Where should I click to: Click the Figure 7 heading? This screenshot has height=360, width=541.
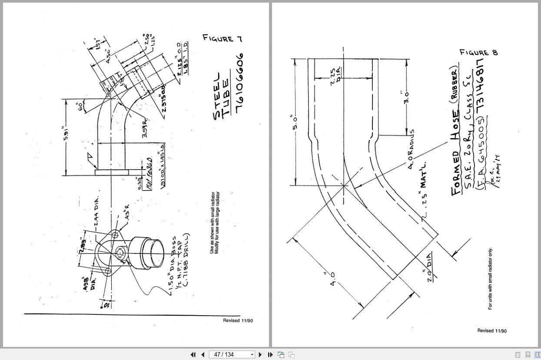click(222, 39)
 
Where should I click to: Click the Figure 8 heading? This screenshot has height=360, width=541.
click(478, 53)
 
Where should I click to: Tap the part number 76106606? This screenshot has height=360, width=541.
click(239, 83)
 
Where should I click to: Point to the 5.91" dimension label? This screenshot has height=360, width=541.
click(66, 133)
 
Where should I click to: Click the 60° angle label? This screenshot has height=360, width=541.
click(80, 107)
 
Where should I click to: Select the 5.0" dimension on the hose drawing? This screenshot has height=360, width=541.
click(294, 122)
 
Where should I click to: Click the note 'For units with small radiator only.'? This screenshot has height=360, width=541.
click(490, 279)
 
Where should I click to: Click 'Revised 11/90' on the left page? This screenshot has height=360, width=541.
click(238, 320)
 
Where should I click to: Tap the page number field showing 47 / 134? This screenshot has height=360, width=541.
click(230, 355)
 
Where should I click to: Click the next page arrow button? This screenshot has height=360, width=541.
click(260, 355)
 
